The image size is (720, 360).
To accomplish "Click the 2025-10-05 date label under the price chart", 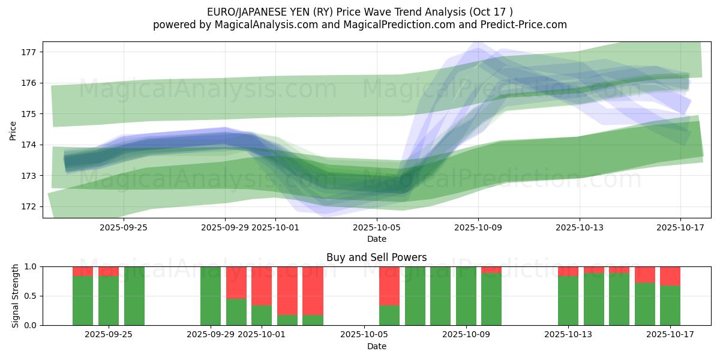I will point(377,227).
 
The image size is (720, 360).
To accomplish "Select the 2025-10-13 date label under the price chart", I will point(580,227).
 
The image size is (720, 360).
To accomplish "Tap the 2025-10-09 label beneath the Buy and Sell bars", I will point(466,335).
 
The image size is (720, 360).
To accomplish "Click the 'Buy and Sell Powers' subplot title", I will point(377,257).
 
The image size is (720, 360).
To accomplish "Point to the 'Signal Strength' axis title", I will point(16,296).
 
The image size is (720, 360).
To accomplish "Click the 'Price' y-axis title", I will point(13,130).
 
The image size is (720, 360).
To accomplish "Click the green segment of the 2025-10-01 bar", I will point(262,315).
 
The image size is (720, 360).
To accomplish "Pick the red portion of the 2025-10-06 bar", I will point(389,286).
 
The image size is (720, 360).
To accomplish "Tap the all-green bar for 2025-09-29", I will point(211,296).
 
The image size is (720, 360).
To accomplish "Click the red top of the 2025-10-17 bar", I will point(670,276).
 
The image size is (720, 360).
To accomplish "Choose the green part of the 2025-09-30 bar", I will point(236,312).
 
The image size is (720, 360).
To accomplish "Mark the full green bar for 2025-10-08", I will point(440,296).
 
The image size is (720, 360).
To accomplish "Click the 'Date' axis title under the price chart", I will point(377,239).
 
